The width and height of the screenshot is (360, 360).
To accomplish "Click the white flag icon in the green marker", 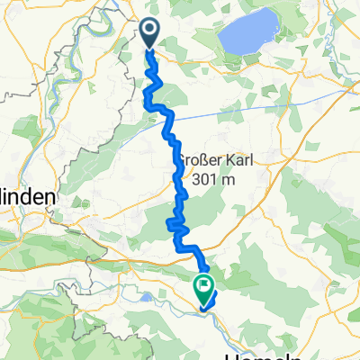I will (203, 288).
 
